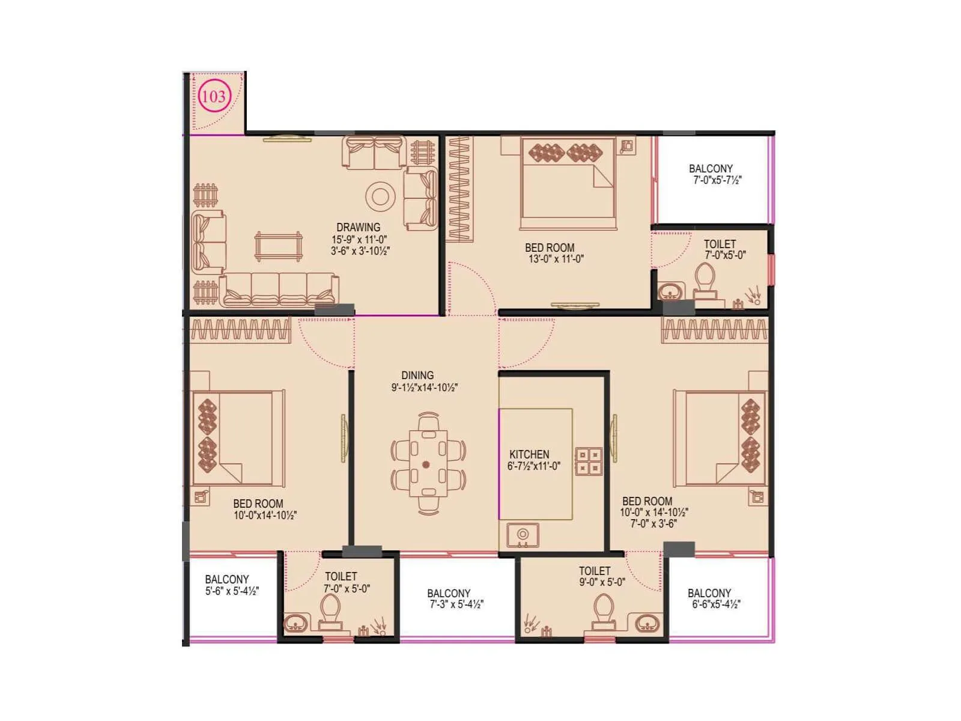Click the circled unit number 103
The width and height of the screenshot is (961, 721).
214,96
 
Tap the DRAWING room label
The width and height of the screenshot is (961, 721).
358,227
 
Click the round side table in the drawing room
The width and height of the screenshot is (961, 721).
380,196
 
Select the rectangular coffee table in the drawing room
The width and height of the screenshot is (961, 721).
278,246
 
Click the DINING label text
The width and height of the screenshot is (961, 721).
417,375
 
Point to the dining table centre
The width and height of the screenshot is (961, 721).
427,463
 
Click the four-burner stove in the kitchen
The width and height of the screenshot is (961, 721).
588,461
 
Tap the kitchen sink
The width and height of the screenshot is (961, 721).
523,535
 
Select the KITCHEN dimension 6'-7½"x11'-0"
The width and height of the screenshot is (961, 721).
533,466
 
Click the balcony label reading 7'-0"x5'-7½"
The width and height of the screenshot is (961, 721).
717,180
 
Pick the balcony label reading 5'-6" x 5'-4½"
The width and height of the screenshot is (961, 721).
232,591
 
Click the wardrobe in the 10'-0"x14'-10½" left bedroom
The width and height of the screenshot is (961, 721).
241,330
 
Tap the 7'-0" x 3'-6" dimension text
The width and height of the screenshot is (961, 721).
653,523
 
